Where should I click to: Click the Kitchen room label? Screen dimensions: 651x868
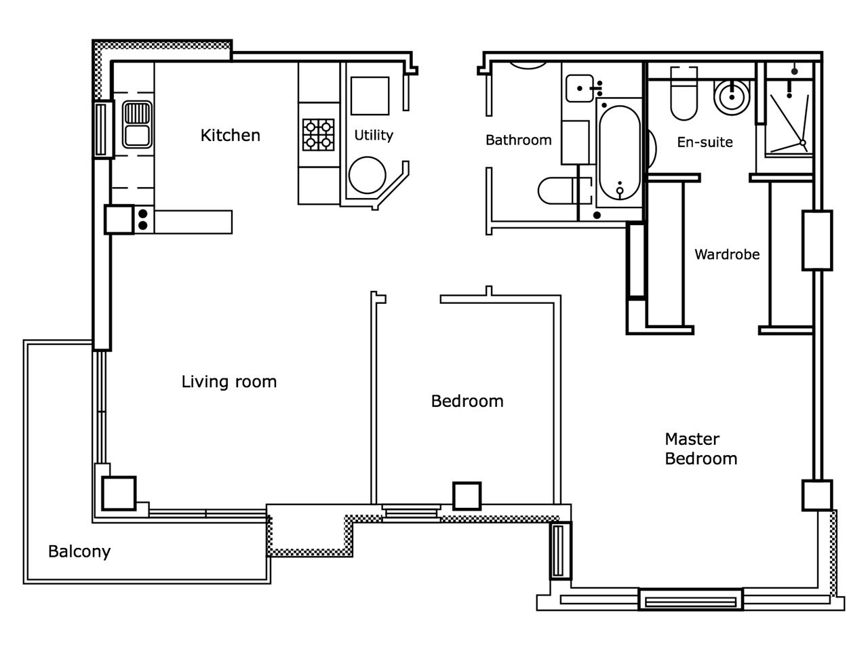(x=230, y=136)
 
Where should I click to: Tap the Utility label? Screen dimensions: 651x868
(x=374, y=136)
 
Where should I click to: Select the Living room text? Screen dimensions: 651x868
(x=229, y=382)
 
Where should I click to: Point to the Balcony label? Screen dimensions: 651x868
(x=79, y=552)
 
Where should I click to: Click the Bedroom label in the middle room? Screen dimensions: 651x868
(x=467, y=401)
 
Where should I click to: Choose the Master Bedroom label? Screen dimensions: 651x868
(x=701, y=449)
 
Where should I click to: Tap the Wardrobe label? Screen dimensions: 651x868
(x=727, y=255)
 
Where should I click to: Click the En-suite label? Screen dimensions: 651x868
(x=705, y=142)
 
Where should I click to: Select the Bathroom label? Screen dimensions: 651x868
(x=519, y=140)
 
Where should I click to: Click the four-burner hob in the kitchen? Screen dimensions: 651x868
(x=319, y=134)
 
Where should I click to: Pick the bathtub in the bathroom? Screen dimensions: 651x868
(x=619, y=154)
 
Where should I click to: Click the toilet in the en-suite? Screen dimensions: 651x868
(x=684, y=95)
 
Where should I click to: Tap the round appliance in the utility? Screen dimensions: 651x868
(x=367, y=174)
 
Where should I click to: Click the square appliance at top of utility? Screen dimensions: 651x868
(x=370, y=96)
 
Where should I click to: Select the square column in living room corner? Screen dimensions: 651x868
(x=119, y=493)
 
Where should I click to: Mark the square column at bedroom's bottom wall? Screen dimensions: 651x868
(x=467, y=496)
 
